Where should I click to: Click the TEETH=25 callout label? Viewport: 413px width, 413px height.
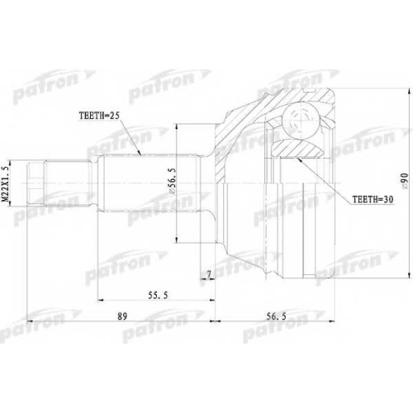pyautogui.click(x=99, y=116)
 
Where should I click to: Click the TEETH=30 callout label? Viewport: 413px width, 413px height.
pyautogui.click(x=373, y=199)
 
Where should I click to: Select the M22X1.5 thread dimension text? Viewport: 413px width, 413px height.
pyautogui.click(x=6, y=184)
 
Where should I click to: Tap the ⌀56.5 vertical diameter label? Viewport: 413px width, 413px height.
pyautogui.click(x=173, y=182)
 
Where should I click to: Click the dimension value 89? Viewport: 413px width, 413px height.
pyautogui.click(x=122, y=316)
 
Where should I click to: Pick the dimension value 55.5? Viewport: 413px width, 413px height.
pyautogui.click(x=158, y=296)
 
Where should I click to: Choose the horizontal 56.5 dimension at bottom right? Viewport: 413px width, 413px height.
pyautogui.click(x=276, y=316)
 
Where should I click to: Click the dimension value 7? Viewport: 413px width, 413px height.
pyautogui.click(x=209, y=274)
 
